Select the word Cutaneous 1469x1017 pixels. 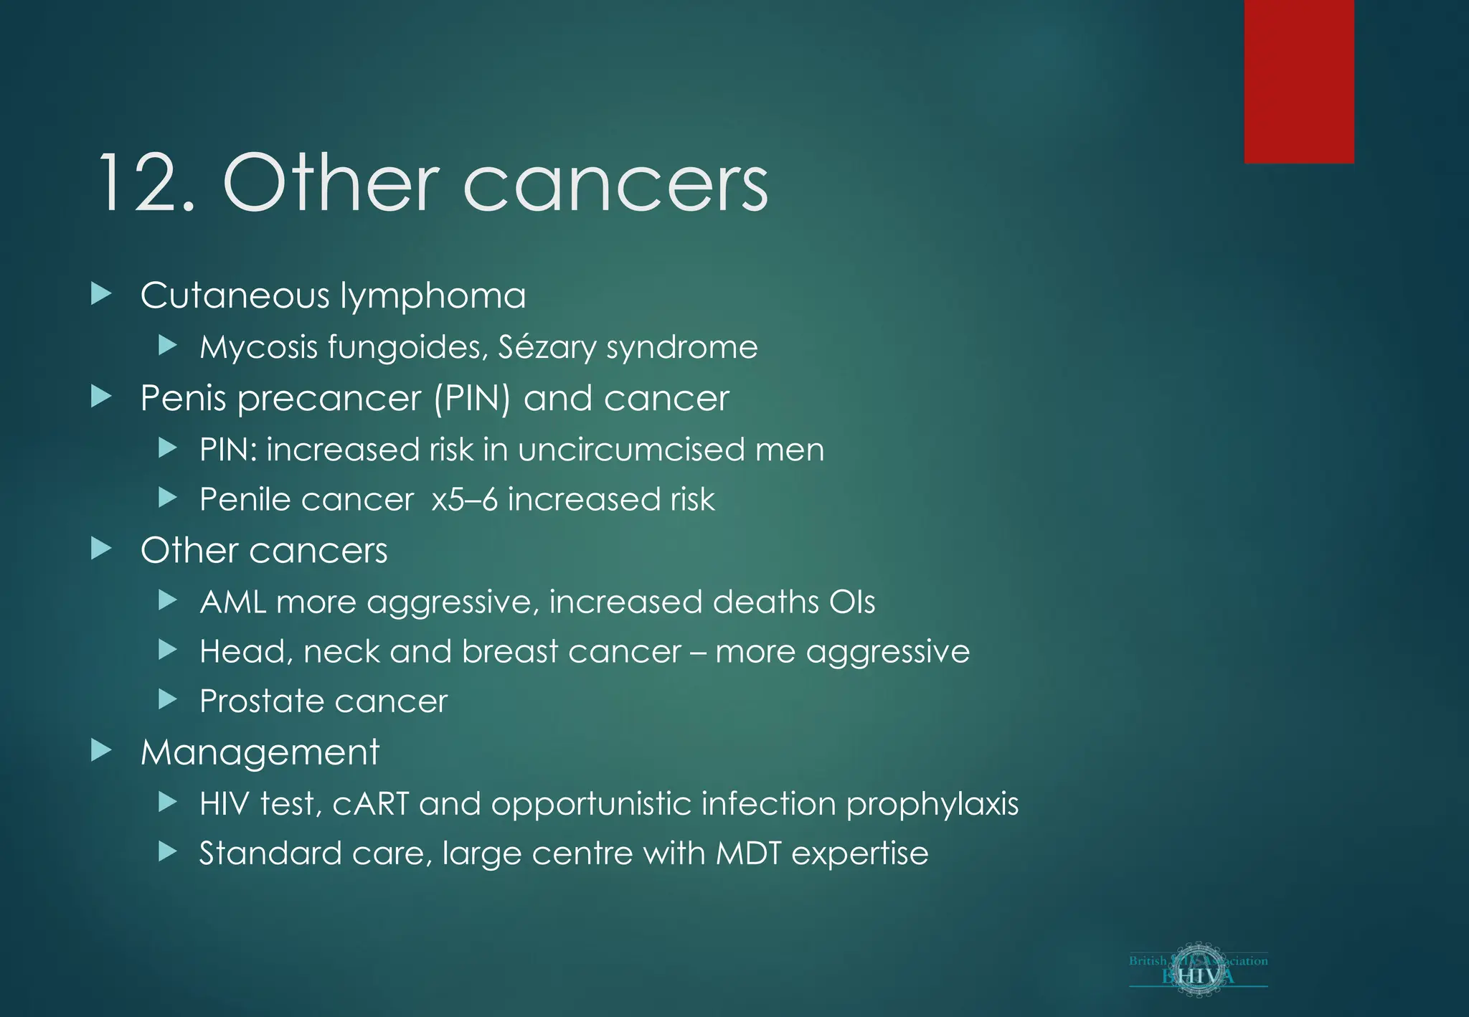[235, 295]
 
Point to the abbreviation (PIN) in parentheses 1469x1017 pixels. [472, 399]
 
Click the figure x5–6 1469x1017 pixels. [464, 500]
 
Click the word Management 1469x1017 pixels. [260, 753]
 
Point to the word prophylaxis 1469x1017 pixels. [932, 805]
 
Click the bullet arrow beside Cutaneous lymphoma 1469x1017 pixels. [102, 293]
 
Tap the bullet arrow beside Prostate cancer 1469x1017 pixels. [167, 699]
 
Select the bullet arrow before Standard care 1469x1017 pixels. [167, 851]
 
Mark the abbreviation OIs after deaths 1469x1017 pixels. [851, 602]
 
